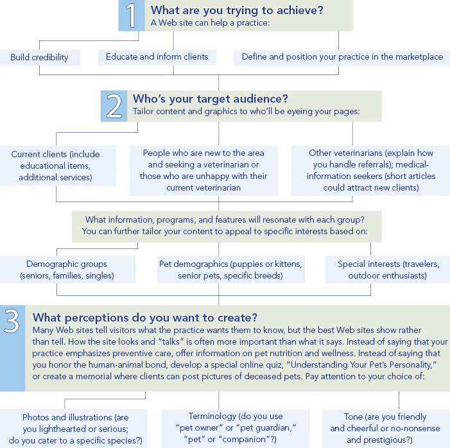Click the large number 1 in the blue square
[x=131, y=15]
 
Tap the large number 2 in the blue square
[x=114, y=107]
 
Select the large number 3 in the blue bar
[x=12, y=321]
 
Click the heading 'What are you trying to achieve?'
[x=237, y=10]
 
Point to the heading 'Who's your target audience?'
[x=211, y=99]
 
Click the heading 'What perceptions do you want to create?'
[x=145, y=318]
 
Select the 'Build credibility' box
[x=40, y=57]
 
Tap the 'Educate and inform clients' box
[x=157, y=57]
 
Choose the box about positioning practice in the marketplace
[x=342, y=57]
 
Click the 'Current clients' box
[x=57, y=166]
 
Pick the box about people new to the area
[x=203, y=171]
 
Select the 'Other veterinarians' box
[x=371, y=171]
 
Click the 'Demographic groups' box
[x=67, y=270]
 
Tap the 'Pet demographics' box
[x=230, y=270]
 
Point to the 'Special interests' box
[x=388, y=270]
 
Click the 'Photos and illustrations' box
[x=73, y=429]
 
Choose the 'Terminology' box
[x=236, y=429]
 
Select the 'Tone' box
[x=386, y=429]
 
